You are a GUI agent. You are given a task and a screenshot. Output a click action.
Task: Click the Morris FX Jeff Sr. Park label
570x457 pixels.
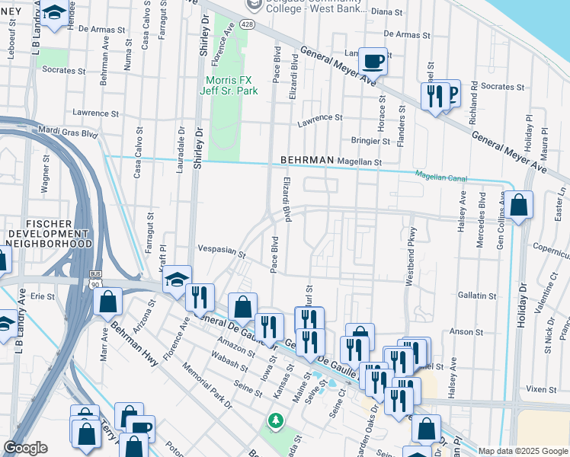[x=232, y=85]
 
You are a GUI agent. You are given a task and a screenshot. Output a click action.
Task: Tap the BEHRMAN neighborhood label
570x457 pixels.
[x=307, y=160]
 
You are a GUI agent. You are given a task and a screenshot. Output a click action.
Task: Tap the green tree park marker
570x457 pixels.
[x=275, y=420]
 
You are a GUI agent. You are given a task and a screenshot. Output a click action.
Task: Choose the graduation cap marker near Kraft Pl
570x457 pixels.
[x=177, y=280]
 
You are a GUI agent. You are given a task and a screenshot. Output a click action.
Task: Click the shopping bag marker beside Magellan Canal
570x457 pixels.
[x=518, y=205]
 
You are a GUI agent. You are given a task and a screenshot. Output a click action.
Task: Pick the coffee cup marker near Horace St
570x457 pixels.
[x=373, y=60]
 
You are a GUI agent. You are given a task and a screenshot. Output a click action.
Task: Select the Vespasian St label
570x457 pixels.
[x=221, y=250]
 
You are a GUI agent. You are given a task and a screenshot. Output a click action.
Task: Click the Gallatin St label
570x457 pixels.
[x=477, y=296]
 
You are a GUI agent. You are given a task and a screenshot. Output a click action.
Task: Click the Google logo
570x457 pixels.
[x=25, y=448]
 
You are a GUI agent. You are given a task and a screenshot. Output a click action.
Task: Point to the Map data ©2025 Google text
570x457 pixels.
[x=522, y=451]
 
